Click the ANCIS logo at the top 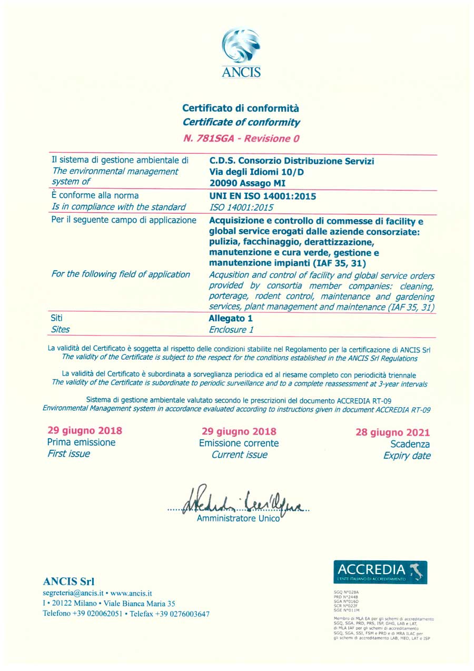241,53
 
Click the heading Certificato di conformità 241,108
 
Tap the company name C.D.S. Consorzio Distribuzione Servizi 292,161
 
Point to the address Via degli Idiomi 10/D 256,172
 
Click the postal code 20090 224,183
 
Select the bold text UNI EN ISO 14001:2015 263,196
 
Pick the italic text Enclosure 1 231,330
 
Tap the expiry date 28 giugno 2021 393,433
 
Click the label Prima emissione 81,442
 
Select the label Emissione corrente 239,443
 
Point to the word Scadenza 410,445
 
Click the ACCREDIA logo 380,572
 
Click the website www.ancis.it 131,593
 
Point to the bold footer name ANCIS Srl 68,581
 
